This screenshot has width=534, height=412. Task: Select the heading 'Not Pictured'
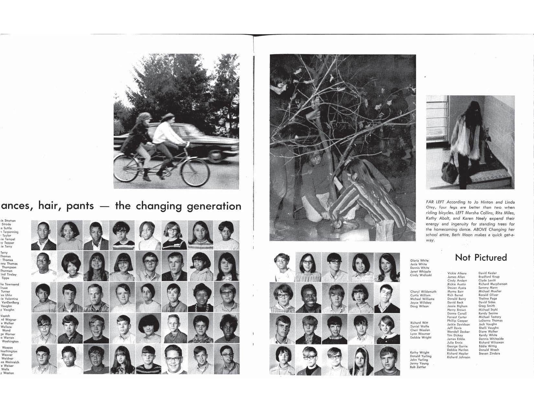481,258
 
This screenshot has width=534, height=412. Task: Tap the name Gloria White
419,260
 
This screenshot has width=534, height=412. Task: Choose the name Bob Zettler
418,367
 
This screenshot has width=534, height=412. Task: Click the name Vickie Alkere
457,273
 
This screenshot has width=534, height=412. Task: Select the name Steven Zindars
489,354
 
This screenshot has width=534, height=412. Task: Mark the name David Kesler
487,273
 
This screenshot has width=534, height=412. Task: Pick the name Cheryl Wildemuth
423,292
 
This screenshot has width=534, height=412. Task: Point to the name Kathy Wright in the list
419,353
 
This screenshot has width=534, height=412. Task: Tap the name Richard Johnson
458,357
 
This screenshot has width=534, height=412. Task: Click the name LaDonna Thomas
490,321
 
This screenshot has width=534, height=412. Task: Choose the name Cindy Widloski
421,275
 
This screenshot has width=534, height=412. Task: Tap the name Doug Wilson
419,306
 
